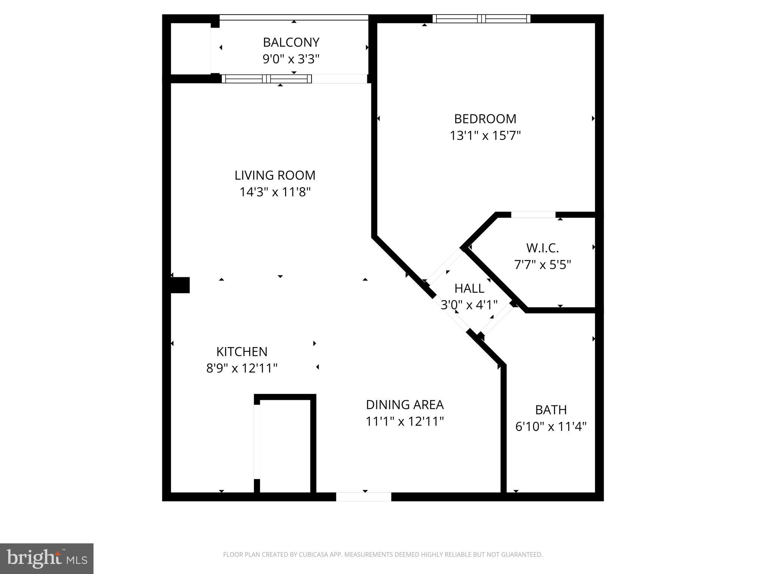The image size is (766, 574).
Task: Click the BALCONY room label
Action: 291,43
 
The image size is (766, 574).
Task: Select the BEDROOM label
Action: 485,119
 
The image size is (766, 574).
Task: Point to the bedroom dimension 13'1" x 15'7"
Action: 485,136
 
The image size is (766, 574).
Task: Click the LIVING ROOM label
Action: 275,175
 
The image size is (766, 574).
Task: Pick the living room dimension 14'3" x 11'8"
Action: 275,192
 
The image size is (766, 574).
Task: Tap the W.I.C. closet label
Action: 542,248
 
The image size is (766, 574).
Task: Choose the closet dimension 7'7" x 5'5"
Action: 542,265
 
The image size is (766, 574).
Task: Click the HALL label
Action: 469,288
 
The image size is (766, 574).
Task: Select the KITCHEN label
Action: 242,352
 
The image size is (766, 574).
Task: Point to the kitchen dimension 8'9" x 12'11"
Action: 242,368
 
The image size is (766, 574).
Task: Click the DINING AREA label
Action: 405,405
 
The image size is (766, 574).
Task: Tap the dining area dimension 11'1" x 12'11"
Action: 405,422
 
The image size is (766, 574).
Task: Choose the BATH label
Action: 551,410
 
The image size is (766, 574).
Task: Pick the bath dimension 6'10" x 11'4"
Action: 551,427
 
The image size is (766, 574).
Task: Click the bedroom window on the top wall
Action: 481,19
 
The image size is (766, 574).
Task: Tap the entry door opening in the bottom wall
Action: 364,497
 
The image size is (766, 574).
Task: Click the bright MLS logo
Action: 46,558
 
